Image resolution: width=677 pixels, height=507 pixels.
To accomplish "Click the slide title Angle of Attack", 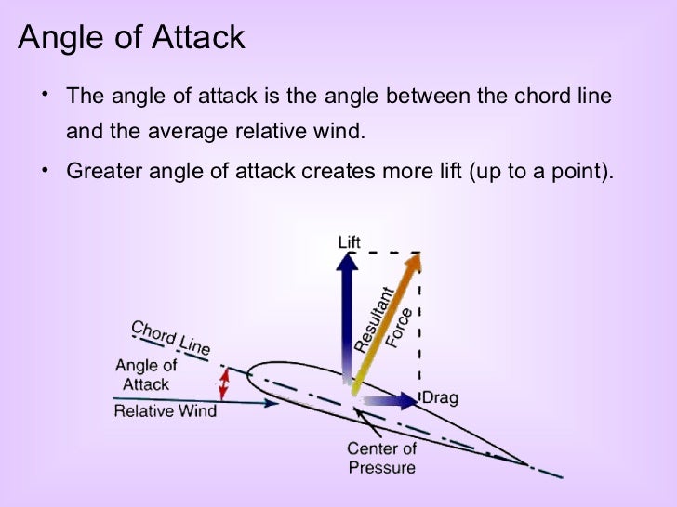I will tap(131, 37).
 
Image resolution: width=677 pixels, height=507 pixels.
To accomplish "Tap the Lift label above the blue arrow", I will tap(349, 242).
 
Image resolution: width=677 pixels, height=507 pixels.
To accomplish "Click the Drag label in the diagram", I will tap(440, 399).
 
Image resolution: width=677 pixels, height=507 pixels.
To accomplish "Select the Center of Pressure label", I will tap(381, 458).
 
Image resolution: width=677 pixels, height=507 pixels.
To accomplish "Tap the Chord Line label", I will tap(170, 337).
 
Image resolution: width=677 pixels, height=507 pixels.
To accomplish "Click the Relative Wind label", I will tap(165, 410).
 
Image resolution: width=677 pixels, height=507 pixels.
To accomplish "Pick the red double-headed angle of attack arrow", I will tap(224, 381).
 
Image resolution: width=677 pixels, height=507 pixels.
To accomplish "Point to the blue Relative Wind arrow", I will tap(251, 402).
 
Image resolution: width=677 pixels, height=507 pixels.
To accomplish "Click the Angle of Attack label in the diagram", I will tap(146, 374).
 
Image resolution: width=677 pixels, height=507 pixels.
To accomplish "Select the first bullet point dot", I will tap(44, 95).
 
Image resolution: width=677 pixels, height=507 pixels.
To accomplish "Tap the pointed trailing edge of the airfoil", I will tap(527, 462).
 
